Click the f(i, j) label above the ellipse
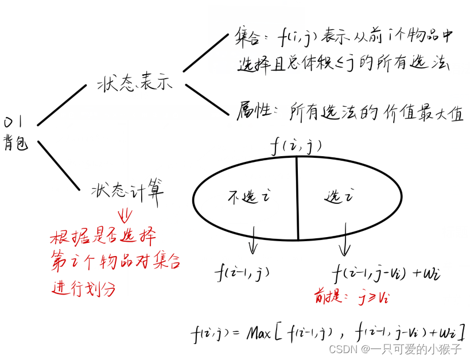(x=296, y=147)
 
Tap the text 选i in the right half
(x=339, y=197)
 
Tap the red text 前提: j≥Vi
(x=351, y=297)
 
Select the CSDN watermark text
(x=397, y=349)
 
